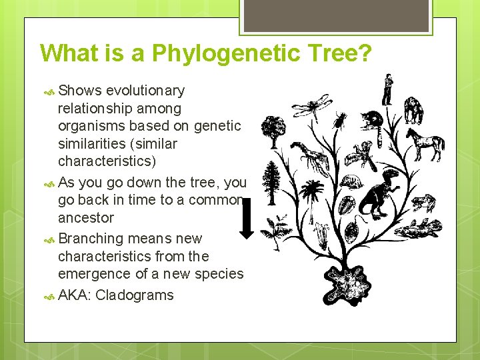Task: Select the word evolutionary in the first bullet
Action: [145, 91]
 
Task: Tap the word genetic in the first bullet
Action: [217, 126]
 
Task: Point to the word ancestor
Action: [86, 218]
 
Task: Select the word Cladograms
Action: [135, 295]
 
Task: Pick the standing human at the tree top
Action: [387, 89]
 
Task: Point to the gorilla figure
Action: [414, 109]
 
